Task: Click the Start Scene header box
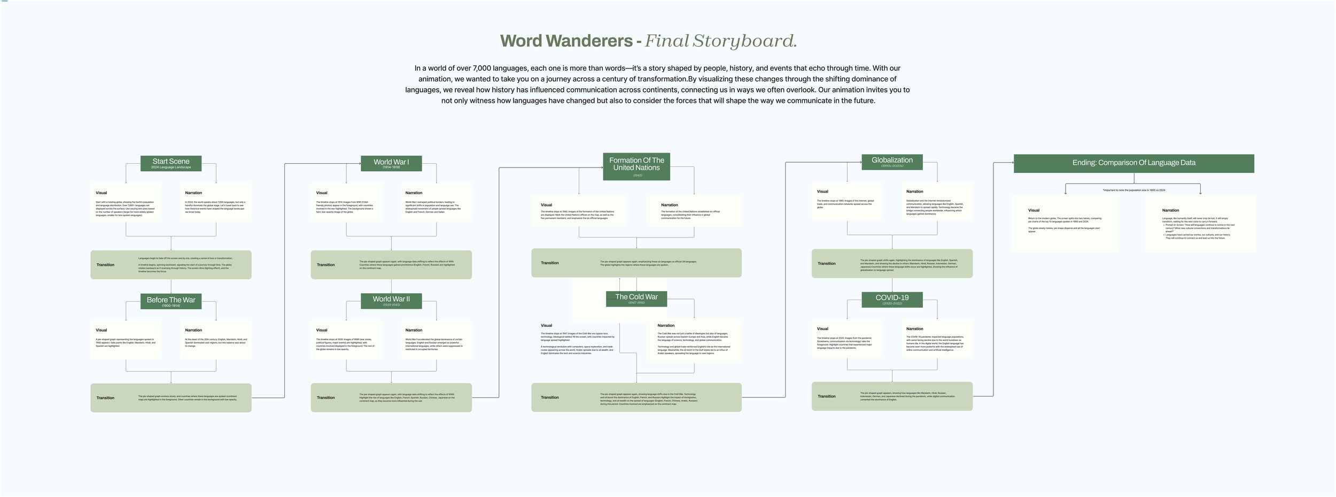[x=171, y=163]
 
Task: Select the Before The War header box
[x=171, y=301]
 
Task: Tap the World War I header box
[x=391, y=163]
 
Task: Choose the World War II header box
[x=391, y=301]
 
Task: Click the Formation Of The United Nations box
[x=636, y=166]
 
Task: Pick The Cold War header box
[x=636, y=299]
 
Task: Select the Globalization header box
[x=892, y=162]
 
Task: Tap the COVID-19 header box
[x=892, y=300]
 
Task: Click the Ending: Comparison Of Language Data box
[x=1133, y=163]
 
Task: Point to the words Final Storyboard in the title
[x=720, y=41]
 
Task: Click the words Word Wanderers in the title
[x=566, y=41]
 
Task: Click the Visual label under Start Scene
[x=102, y=193]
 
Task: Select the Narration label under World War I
[x=414, y=193]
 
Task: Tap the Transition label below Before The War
[x=105, y=398]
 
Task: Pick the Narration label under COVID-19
[x=914, y=329]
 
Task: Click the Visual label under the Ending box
[x=1034, y=210]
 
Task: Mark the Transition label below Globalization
[x=826, y=264]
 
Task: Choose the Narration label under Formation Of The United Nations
[x=669, y=205]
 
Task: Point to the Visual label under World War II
[x=322, y=330]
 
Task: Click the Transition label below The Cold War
[x=549, y=397]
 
